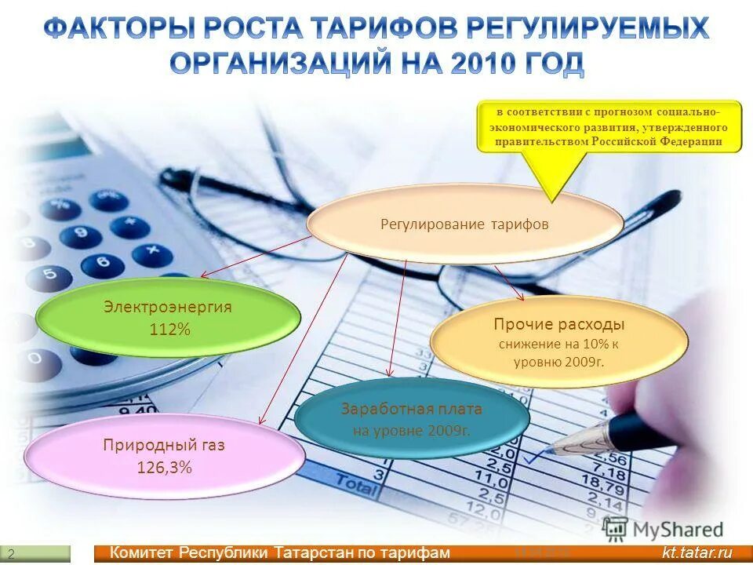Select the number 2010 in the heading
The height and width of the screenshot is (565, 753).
click(485, 64)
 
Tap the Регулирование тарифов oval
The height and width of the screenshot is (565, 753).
click(464, 224)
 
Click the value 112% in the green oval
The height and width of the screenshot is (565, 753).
click(169, 330)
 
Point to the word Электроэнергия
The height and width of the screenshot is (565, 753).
click(168, 307)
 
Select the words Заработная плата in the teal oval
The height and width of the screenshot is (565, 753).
click(412, 409)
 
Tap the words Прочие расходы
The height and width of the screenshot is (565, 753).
click(558, 324)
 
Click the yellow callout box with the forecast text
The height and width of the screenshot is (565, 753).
click(609, 126)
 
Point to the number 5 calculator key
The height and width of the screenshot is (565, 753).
click(49, 277)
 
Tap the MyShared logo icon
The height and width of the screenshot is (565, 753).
click(617, 527)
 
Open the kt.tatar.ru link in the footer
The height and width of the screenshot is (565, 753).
click(696, 553)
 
